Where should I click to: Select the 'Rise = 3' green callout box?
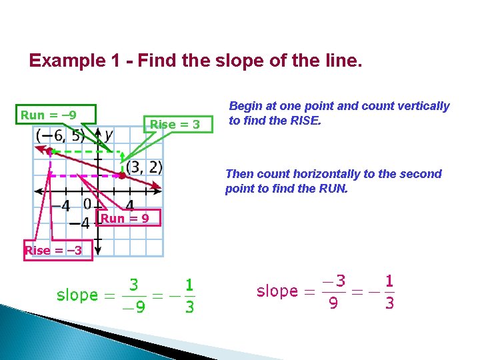[174, 124]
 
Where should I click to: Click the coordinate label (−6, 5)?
[60, 136]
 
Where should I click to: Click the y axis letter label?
[109, 135]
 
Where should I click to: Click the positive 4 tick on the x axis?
[129, 205]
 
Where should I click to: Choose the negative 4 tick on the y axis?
[79, 222]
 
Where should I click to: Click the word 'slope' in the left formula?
[77, 295]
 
